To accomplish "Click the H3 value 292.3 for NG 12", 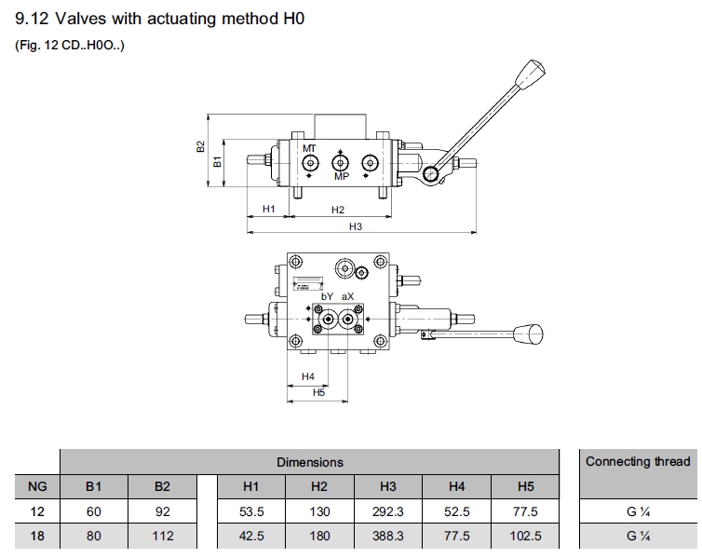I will (x=388, y=511).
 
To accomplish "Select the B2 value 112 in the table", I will (x=163, y=537).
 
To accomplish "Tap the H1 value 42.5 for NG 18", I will (x=251, y=537).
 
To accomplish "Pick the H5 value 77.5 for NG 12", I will (x=525, y=511).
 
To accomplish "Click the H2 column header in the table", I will (x=319, y=486).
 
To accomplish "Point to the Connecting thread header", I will (x=638, y=461).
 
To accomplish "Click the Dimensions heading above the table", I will (x=309, y=462).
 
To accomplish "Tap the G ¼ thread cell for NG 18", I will (x=638, y=537).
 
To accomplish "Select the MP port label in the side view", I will (x=341, y=177).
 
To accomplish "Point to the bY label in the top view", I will (x=327, y=296).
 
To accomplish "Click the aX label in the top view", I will (x=347, y=296).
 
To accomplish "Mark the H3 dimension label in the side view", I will (x=355, y=226).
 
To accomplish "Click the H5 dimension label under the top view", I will (x=318, y=393).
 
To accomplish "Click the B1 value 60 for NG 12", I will (x=94, y=511).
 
